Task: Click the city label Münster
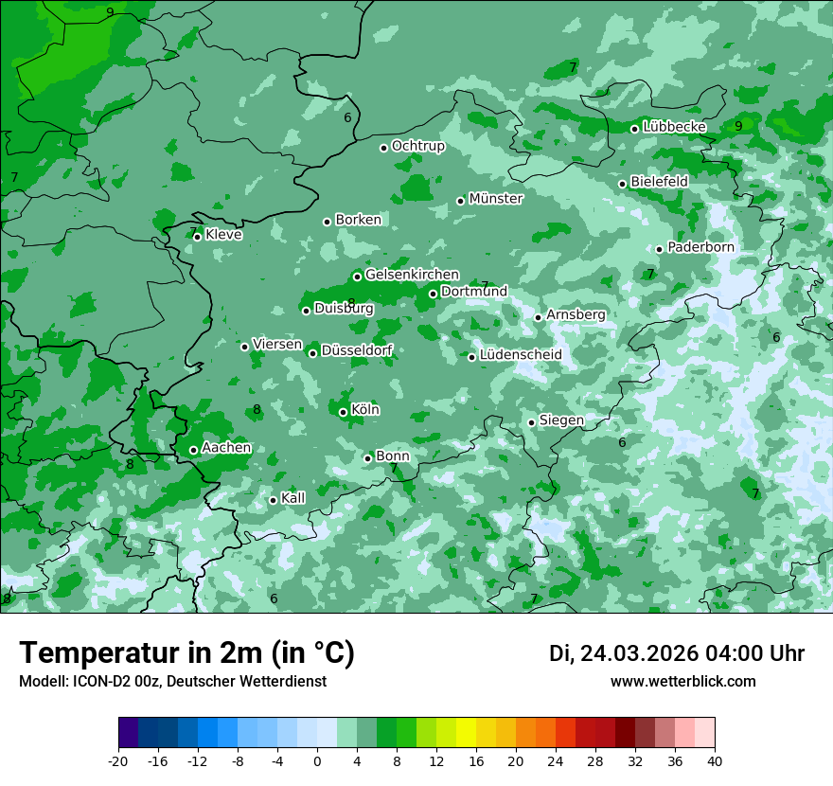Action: point(496,199)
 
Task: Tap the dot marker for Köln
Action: point(344,412)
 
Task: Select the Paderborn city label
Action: point(700,247)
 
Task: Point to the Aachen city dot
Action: point(194,450)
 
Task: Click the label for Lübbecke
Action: point(674,127)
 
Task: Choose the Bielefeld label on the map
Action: point(659,181)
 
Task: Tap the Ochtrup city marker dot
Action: point(384,148)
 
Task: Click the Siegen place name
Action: point(561,420)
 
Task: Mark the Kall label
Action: point(293,498)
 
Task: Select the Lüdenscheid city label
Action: point(521,355)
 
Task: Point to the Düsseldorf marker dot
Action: point(313,353)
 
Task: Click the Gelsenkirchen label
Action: point(412,275)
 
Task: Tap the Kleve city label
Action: point(223,235)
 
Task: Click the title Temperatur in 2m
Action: point(186,653)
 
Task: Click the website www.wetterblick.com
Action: point(682,682)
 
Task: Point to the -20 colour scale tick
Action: point(118,760)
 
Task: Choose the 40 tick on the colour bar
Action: point(715,760)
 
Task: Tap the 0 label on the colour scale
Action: point(317,760)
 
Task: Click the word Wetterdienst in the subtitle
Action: point(282,682)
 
